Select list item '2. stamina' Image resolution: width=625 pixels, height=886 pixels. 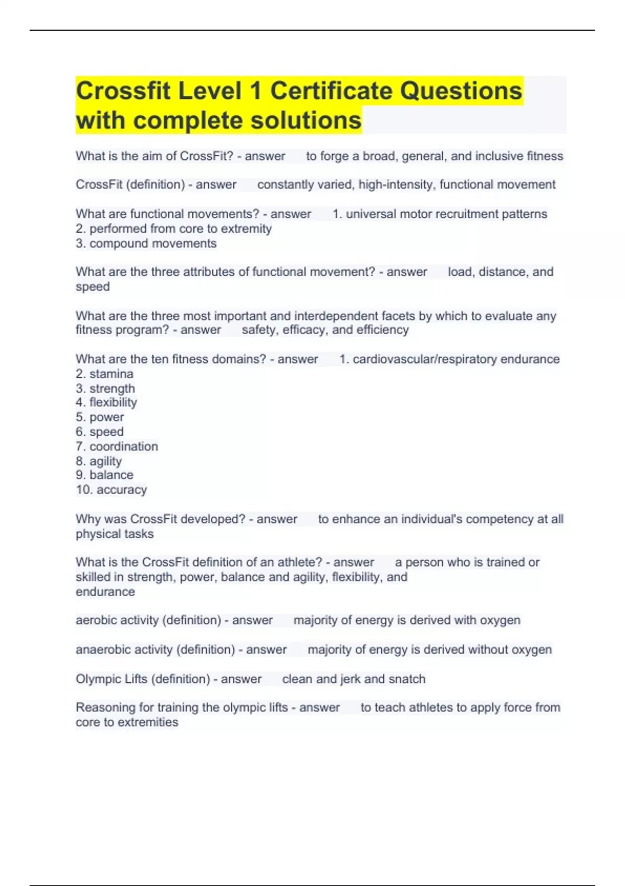click(104, 374)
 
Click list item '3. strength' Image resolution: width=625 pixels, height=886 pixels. click(105, 388)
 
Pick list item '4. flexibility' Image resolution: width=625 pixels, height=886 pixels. click(106, 402)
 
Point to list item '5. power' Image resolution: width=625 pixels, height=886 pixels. click(99, 417)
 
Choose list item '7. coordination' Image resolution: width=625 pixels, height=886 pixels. click(117, 446)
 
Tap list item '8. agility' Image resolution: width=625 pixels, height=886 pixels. click(98, 461)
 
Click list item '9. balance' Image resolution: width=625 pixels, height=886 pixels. click(104, 475)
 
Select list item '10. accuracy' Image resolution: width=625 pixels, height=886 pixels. click(111, 489)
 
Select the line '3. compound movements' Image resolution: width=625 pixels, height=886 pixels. click(146, 243)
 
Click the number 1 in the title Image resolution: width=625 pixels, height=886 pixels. click(255, 91)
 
